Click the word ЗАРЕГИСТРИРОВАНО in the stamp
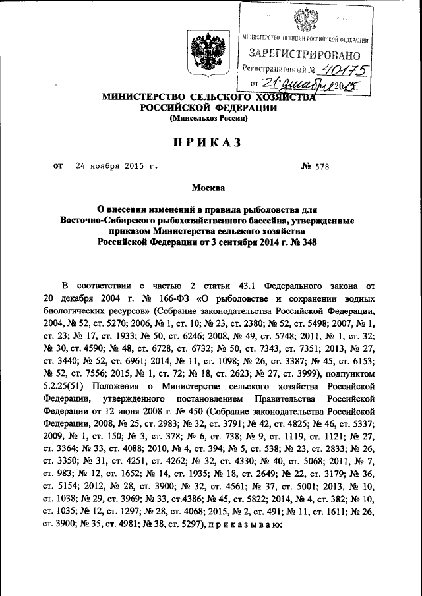coord(304,53)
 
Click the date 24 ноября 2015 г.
coord(117,167)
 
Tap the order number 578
coord(320,167)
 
